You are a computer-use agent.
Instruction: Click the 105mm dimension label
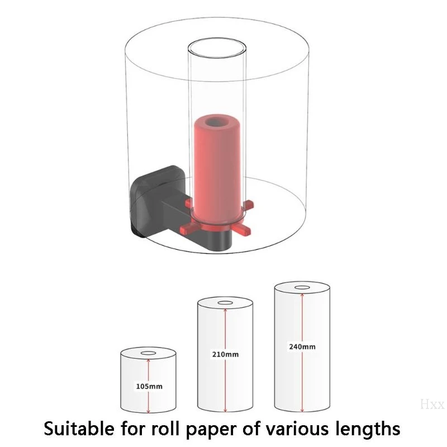click(x=149, y=386)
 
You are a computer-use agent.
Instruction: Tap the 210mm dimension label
click(x=225, y=354)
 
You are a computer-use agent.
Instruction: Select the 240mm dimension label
click(x=302, y=346)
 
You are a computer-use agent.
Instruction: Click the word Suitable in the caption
click(x=79, y=428)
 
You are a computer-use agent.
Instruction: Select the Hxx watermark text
click(x=432, y=404)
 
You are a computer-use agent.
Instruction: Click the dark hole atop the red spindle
click(x=216, y=122)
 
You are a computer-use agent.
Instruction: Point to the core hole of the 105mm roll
click(x=148, y=353)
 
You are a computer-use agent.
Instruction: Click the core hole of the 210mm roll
click(x=225, y=303)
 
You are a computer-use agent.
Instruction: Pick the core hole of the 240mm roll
click(x=302, y=287)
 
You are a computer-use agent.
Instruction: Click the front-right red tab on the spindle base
click(x=243, y=229)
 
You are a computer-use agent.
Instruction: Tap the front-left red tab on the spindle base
click(x=189, y=229)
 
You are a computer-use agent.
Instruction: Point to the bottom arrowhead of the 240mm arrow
click(x=302, y=410)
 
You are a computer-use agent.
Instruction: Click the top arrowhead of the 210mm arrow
click(x=225, y=311)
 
